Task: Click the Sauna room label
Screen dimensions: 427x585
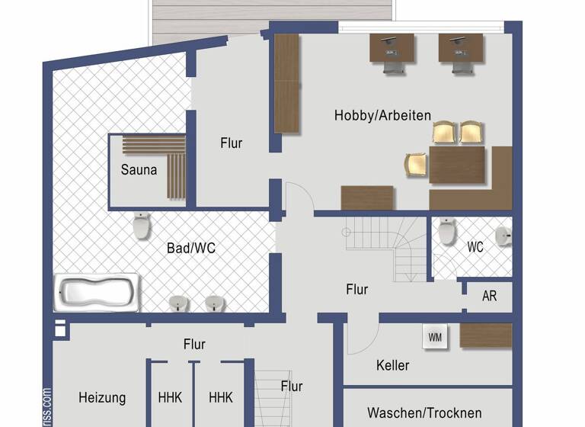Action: (139, 169)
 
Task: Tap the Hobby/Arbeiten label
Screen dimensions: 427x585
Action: (382, 116)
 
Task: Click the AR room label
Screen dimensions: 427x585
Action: (489, 296)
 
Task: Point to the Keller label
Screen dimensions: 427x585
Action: (392, 365)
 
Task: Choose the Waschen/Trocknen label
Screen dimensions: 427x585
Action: (424, 413)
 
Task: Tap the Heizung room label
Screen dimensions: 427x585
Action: (102, 397)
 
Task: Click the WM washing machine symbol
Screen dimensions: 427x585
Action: (434, 336)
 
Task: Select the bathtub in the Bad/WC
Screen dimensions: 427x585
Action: (97, 292)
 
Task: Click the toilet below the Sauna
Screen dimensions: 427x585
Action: (142, 226)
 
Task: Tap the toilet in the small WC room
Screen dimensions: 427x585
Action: (447, 231)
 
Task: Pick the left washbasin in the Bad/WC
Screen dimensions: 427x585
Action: (178, 303)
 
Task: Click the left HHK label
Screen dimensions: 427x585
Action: (170, 397)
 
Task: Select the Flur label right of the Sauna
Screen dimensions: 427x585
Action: (232, 143)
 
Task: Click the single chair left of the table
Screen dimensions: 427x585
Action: (416, 164)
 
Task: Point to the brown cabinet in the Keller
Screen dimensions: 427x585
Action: (486, 335)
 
